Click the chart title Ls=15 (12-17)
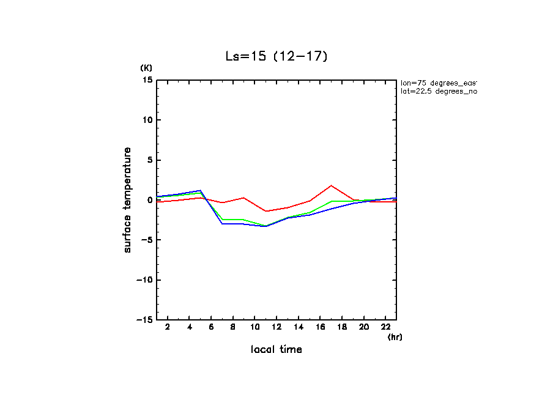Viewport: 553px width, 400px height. tap(276, 56)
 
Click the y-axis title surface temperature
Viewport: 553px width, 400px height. tap(128, 200)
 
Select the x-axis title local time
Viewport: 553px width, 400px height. tap(276, 350)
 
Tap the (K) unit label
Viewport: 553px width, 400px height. tap(146, 67)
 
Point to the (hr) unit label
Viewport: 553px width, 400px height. tap(395, 336)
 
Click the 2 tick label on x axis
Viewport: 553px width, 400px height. tap(168, 328)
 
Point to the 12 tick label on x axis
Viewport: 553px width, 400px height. tap(276, 328)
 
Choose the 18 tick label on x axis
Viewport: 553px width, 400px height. tap(342, 328)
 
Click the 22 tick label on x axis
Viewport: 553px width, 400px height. tap(385, 328)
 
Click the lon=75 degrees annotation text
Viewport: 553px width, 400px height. tap(438, 83)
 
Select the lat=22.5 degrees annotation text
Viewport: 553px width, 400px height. tap(438, 91)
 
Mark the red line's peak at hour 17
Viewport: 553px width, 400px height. tap(331, 185)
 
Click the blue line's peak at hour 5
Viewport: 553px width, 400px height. tap(200, 190)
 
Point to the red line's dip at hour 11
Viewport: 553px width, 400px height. tap(265, 211)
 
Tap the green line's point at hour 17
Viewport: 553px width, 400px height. tap(331, 201)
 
